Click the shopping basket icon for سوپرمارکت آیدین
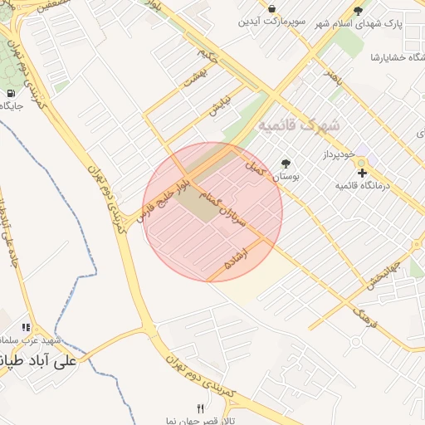[x=272, y=8]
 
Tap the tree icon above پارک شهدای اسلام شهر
[x=358, y=11]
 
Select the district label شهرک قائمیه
[x=300, y=125]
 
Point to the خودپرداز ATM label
[x=339, y=155]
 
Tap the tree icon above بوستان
[x=287, y=164]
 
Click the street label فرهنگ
[x=365, y=315]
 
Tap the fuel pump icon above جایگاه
[x=12, y=93]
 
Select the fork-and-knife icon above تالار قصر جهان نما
[x=199, y=408]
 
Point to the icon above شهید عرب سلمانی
[x=26, y=328]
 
